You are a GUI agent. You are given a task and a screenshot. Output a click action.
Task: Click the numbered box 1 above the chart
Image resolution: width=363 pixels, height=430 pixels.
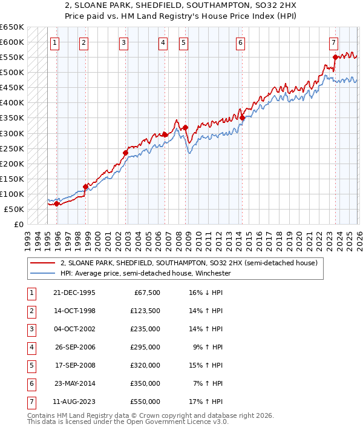(x=55, y=42)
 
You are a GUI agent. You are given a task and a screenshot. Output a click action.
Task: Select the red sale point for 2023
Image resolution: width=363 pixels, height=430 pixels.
(x=335, y=58)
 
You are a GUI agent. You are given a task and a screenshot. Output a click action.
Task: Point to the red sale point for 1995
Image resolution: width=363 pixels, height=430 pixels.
(x=57, y=203)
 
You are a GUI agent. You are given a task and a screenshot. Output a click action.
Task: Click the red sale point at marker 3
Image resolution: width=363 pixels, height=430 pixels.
(x=125, y=153)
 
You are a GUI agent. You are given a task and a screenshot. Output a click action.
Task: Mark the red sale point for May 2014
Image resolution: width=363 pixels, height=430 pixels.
(x=241, y=117)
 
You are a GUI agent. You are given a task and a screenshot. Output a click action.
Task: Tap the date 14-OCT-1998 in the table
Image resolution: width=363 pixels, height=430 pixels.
(x=74, y=311)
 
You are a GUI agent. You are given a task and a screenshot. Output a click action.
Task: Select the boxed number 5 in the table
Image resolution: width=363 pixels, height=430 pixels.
(x=30, y=365)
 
